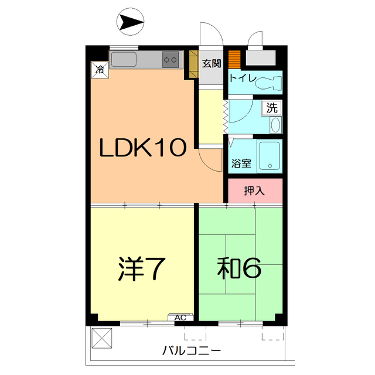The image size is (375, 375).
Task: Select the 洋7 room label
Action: pos(139,268)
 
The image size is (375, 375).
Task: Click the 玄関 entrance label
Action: pos(212,64)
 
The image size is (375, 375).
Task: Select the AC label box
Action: pos(180,318)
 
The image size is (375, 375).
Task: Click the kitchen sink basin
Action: pos(123,59)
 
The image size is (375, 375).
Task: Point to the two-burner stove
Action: pos(171,59)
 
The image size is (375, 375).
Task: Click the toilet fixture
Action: pos(268,81)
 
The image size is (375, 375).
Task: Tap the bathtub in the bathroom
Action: pos(270,156)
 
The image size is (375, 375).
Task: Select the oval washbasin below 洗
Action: pos(275,125)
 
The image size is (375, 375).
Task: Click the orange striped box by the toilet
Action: pos(234,60)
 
